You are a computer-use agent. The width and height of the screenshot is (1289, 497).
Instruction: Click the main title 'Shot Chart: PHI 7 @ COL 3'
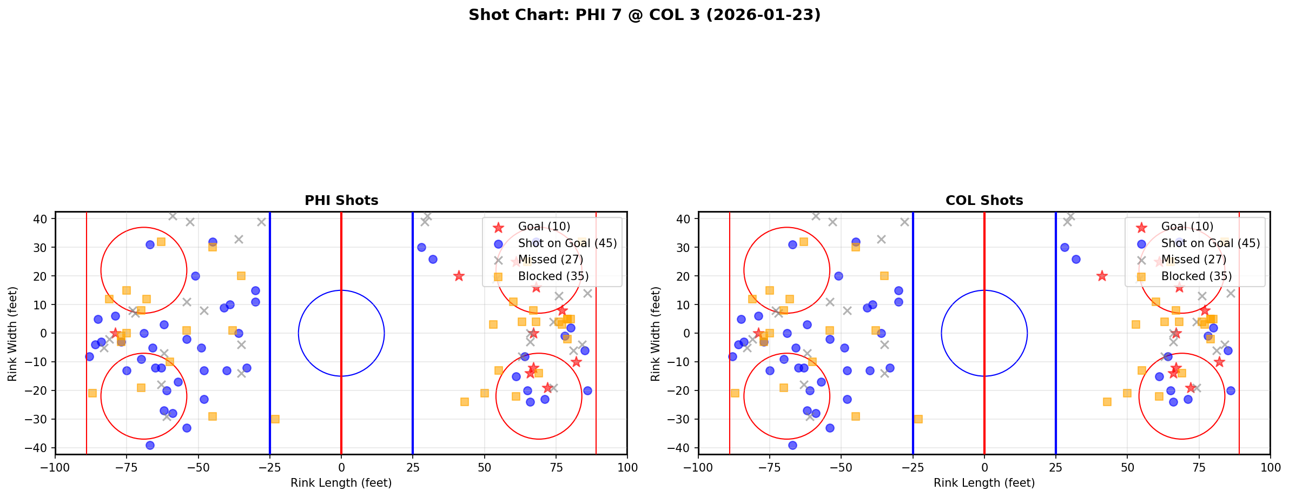coord(644,15)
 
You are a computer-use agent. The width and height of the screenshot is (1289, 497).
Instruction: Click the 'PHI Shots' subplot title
coord(341,201)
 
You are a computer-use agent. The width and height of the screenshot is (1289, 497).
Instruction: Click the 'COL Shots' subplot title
coord(984,201)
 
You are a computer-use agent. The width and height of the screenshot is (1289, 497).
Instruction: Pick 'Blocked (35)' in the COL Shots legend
coord(1197,276)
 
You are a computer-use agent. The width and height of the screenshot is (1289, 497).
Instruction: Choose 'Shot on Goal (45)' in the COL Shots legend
coord(1211,243)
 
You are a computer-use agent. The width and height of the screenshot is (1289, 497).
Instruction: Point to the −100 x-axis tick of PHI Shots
coord(55,467)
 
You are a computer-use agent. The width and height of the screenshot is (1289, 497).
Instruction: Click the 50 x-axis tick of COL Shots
coord(1127,467)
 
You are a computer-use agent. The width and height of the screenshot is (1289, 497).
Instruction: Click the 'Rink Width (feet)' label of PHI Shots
coord(12,333)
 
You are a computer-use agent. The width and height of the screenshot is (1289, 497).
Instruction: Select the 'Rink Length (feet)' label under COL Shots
coord(984,483)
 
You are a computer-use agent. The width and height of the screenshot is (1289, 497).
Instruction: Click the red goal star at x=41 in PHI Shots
coord(459,276)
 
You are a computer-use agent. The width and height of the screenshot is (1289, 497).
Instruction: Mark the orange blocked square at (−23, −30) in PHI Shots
coord(275,419)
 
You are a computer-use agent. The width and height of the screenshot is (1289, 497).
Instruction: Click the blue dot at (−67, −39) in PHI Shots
coord(150,445)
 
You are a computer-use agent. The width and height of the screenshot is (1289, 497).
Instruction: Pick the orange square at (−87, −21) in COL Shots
coord(735,393)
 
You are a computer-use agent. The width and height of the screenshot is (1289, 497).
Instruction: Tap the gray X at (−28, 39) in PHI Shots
coord(261,222)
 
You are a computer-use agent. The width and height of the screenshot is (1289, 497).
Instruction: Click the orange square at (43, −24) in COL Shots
coord(1107,402)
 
